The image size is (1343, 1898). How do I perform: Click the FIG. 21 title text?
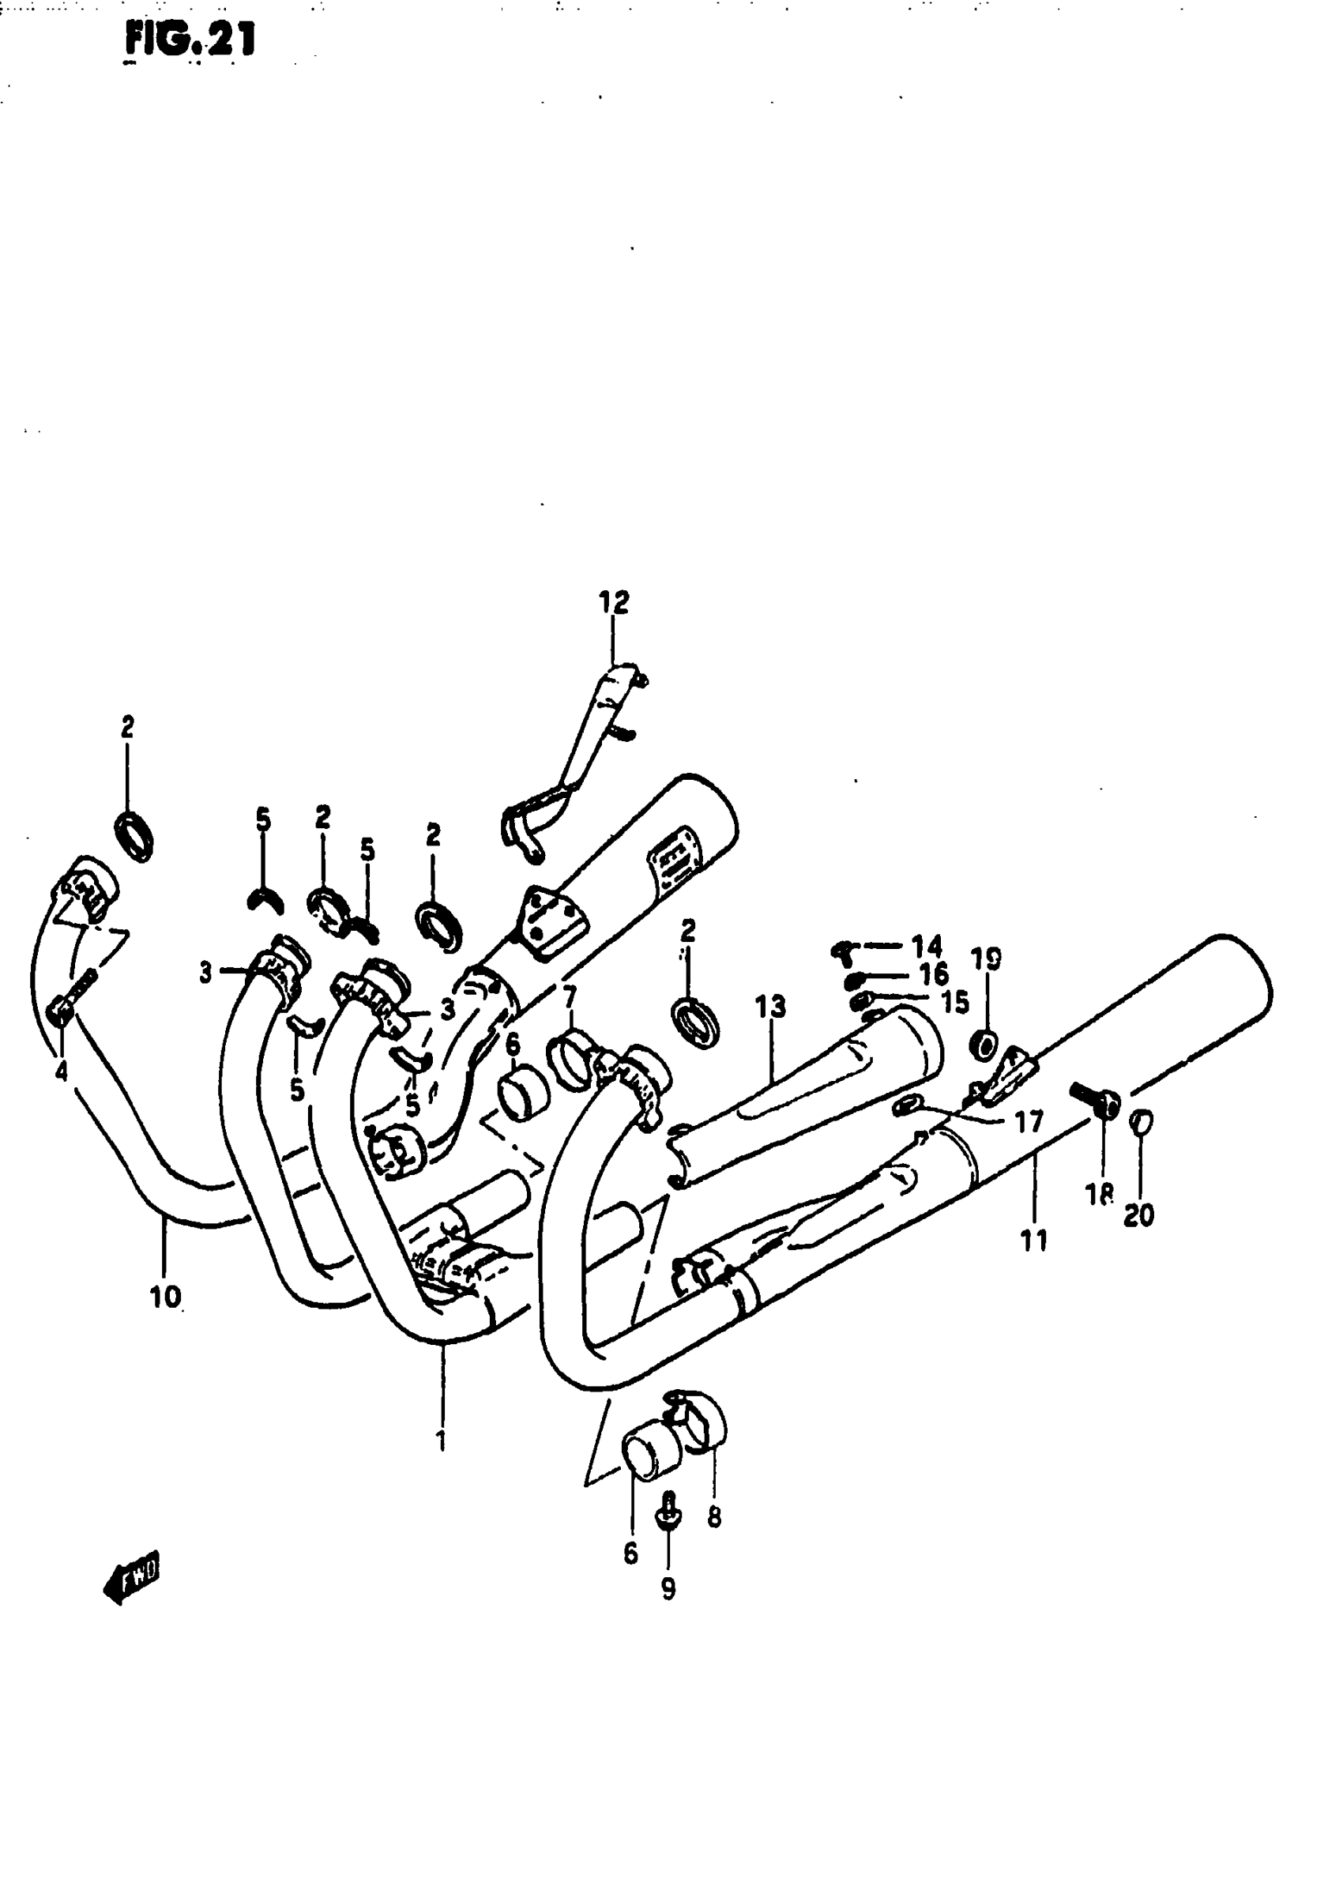[190, 40]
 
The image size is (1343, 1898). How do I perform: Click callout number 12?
[614, 602]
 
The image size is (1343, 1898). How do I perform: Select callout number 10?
[164, 1297]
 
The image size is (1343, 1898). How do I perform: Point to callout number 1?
[442, 1440]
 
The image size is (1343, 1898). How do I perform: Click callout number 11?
[1033, 1241]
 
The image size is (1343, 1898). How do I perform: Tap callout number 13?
[770, 1007]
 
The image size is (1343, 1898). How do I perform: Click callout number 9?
[668, 1588]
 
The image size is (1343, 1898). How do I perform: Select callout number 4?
[61, 1071]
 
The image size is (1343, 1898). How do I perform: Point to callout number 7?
[569, 997]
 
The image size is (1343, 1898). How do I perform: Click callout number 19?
[986, 960]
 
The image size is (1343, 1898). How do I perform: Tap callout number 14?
[927, 945]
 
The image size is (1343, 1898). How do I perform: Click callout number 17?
[1029, 1122]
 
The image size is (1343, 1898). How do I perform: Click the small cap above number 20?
[1141, 1122]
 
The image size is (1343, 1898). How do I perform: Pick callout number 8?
[714, 1517]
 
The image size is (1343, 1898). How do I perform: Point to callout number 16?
[934, 974]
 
